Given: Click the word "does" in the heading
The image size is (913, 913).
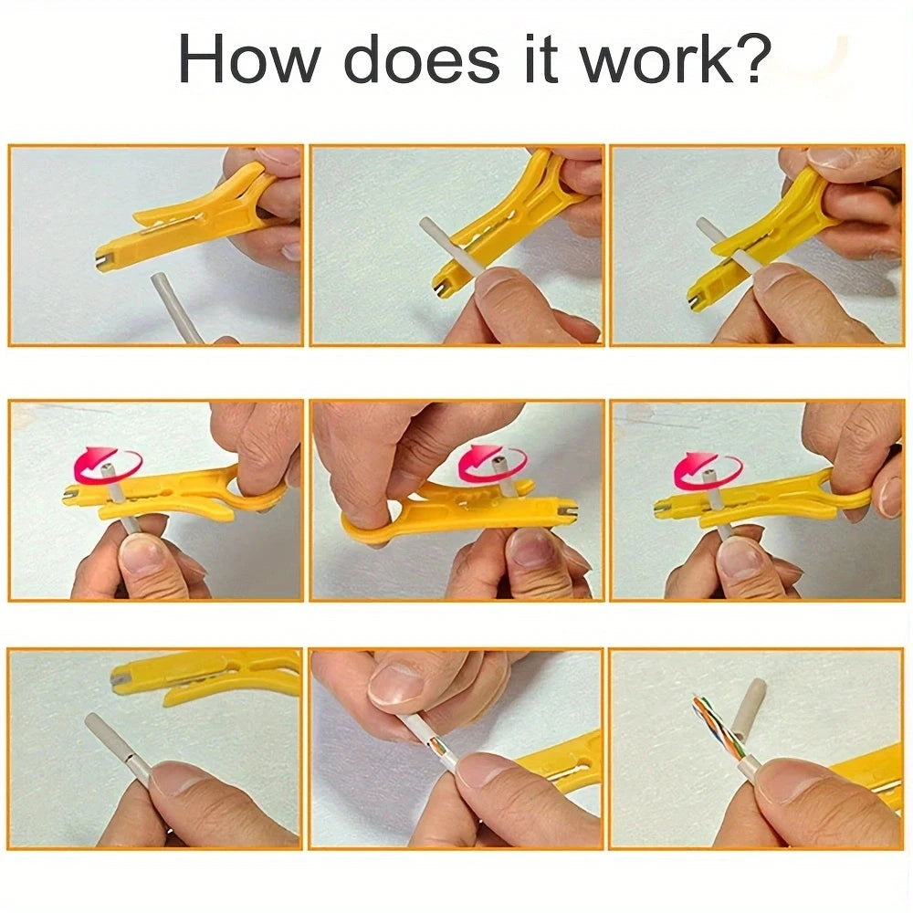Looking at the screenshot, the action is coord(422,58).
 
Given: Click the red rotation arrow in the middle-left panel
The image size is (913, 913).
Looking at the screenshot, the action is coord(107,466).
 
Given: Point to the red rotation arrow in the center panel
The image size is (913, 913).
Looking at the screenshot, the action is coord(493,464).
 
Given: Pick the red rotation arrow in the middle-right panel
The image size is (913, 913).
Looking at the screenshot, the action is coord(708,469).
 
